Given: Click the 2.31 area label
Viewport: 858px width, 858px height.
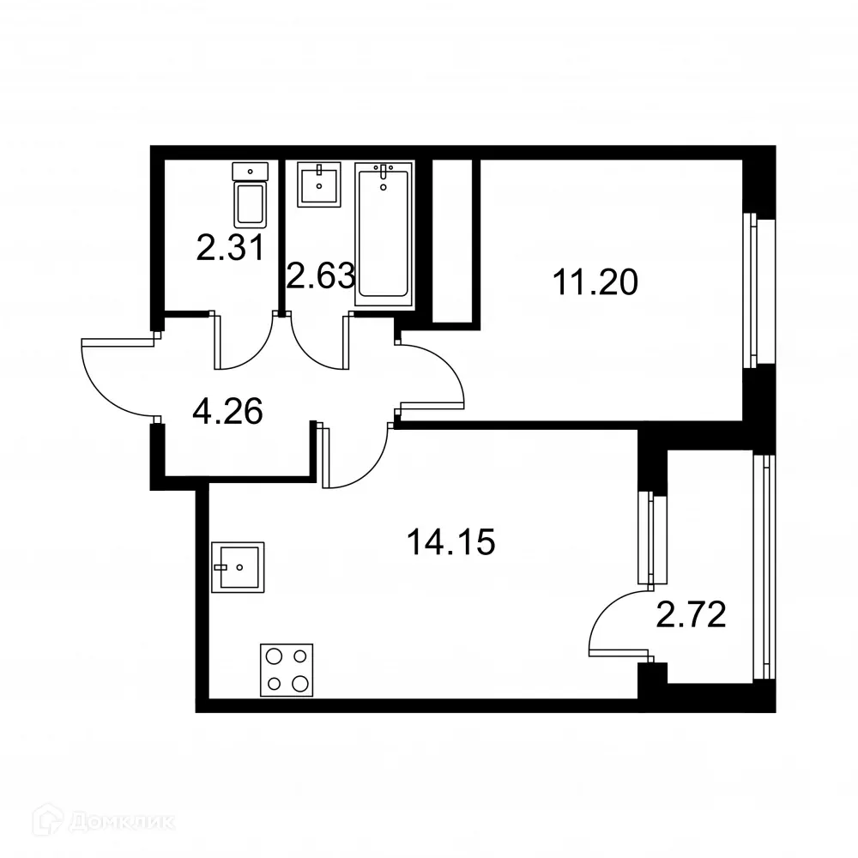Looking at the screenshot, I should click(x=229, y=249).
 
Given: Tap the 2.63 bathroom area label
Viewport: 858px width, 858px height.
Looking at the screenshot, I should click(x=320, y=276).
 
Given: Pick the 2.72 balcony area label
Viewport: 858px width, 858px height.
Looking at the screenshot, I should click(x=692, y=614).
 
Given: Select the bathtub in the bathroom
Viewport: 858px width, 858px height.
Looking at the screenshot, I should click(x=383, y=233).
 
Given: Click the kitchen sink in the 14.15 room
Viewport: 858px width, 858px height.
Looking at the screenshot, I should click(x=239, y=567).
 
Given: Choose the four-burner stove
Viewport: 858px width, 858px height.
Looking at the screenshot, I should click(x=287, y=669).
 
